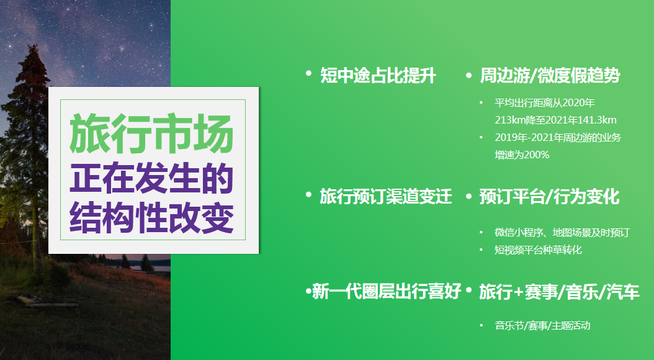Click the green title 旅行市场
[x=151, y=133]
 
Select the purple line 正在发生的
[x=151, y=178]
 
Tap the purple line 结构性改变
[x=151, y=217]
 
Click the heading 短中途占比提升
[x=378, y=76]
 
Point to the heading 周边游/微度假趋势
[x=550, y=76]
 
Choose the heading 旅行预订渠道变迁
[x=386, y=197]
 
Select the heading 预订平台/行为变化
[x=549, y=197]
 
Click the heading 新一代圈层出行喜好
[x=387, y=291]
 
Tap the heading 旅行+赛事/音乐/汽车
[x=559, y=292]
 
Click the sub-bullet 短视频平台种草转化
[x=538, y=250]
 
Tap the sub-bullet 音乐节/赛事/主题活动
[x=543, y=325]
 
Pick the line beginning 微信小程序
[x=562, y=232]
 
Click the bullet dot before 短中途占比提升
[x=308, y=73]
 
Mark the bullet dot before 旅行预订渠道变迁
[x=308, y=194]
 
